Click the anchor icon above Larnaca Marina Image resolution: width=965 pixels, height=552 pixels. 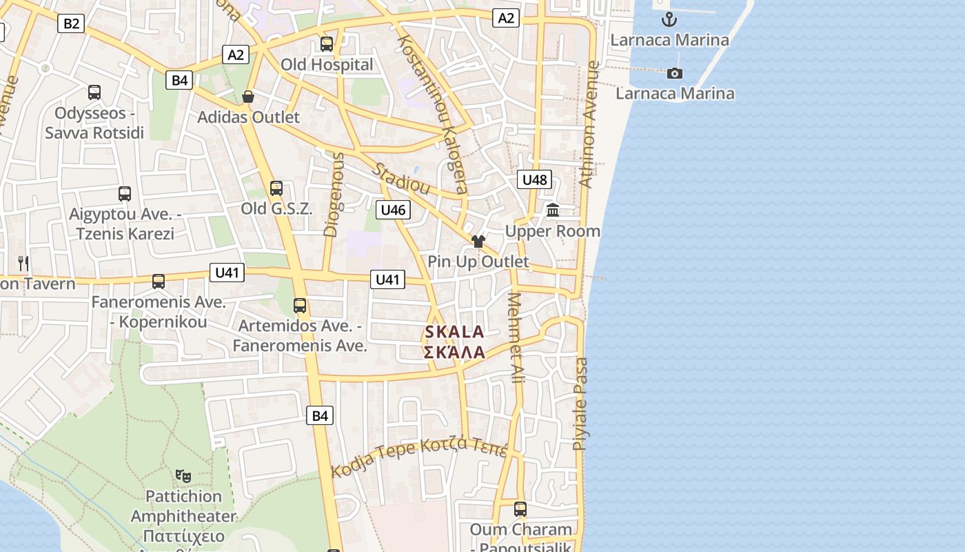668,19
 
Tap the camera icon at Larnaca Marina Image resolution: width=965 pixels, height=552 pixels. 675,73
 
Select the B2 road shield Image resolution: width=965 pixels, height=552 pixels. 71,24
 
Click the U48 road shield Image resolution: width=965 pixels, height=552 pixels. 534,180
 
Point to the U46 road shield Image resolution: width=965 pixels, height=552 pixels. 393,210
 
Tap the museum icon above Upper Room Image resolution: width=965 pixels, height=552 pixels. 552,210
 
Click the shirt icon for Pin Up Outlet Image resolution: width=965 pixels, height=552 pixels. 478,241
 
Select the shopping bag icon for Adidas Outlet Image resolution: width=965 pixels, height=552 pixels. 248,97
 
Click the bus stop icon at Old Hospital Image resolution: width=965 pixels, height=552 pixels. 327,44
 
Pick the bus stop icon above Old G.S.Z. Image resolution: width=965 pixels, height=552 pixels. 276,188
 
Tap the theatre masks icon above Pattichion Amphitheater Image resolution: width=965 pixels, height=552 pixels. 183,475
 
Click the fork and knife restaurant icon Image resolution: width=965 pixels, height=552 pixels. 23,263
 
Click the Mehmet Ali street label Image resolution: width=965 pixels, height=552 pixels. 516,338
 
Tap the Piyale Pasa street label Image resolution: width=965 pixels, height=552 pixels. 581,404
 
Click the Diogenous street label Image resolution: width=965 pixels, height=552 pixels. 334,195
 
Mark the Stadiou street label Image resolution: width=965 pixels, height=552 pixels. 402,179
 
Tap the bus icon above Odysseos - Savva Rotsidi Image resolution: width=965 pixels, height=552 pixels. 94,92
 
